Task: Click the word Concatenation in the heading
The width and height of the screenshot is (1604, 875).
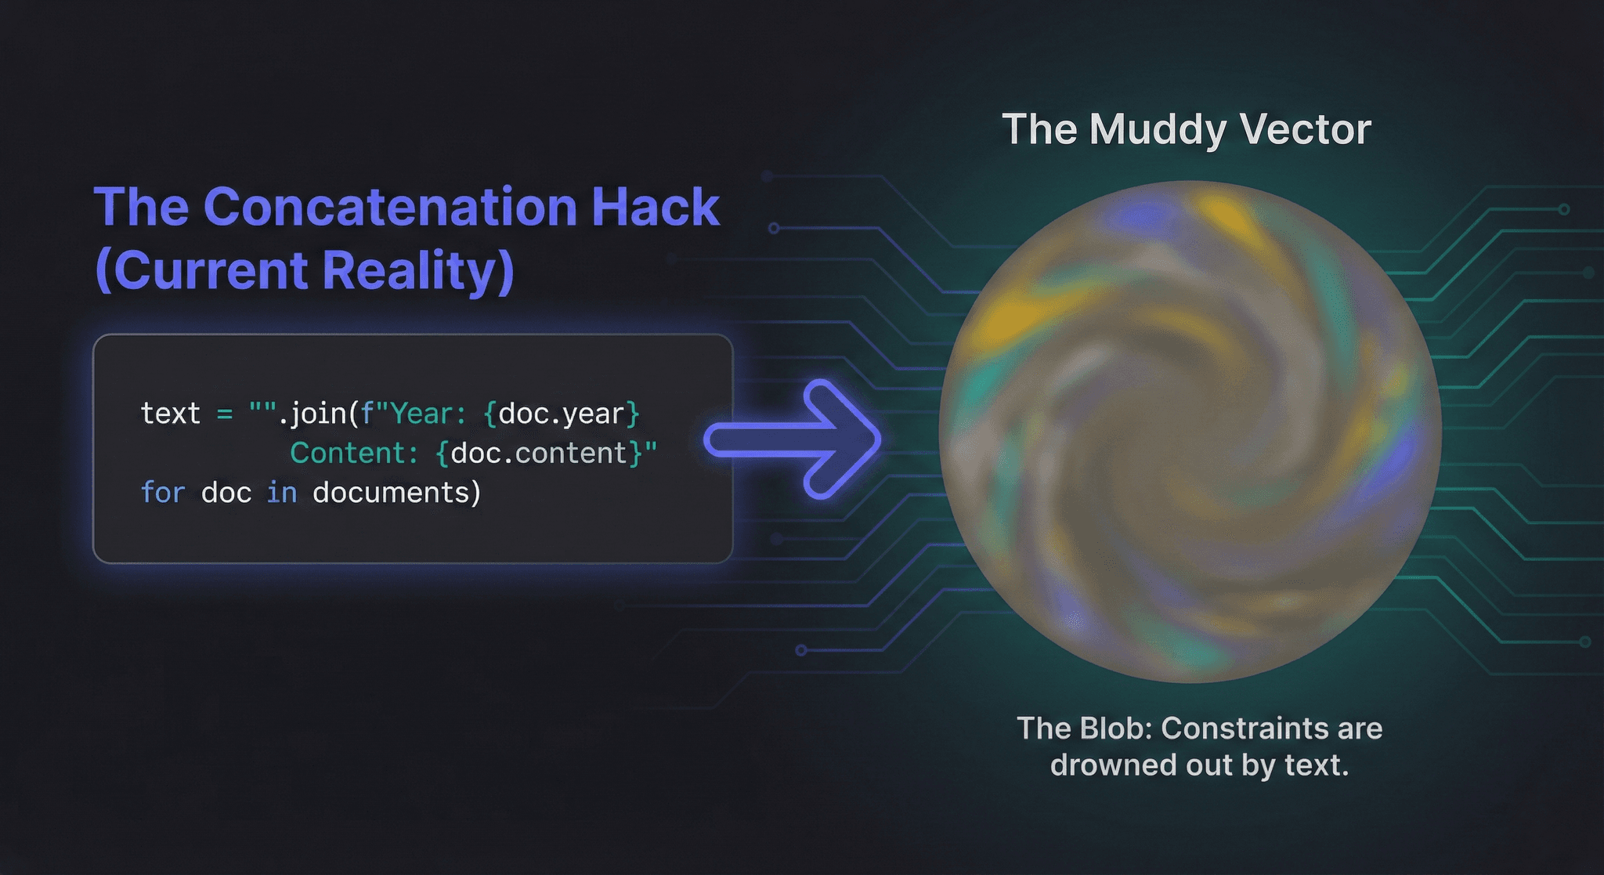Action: (390, 207)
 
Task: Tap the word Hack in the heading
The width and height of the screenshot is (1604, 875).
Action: (655, 207)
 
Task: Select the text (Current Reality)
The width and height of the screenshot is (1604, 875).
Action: (304, 270)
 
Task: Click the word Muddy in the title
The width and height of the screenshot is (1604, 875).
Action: (1158, 130)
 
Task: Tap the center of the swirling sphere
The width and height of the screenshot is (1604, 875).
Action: (1190, 432)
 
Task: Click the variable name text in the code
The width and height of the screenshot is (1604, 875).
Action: (170, 414)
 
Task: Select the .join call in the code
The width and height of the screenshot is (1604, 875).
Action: (317, 414)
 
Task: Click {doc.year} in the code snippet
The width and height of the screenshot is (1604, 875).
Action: (562, 414)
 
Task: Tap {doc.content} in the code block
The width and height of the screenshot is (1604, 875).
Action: (540, 454)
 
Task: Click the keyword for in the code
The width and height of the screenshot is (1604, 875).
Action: (163, 493)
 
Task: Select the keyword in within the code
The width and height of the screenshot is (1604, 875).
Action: (282, 493)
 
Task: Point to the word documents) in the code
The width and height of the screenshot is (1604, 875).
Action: (396, 493)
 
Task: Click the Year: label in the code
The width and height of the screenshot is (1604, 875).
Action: (428, 414)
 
